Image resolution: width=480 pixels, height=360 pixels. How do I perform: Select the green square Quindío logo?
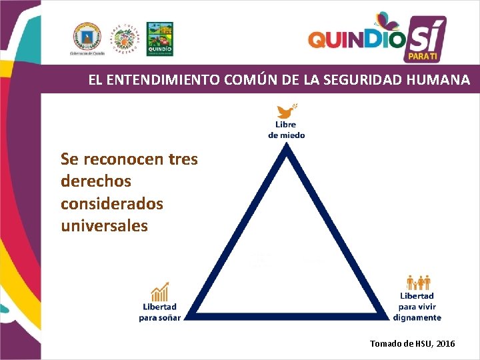point(159,37)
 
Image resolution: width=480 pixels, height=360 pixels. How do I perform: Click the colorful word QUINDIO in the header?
point(356,40)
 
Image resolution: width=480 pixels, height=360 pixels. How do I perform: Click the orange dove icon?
point(287,111)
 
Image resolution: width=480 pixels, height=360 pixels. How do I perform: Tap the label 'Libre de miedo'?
point(287,129)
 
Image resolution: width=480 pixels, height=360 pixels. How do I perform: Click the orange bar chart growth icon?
point(160,291)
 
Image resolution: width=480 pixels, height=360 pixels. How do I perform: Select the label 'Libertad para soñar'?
point(160,312)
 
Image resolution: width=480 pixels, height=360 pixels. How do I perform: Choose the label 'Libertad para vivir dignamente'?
point(417,307)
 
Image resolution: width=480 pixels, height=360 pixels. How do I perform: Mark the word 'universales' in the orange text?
point(104,226)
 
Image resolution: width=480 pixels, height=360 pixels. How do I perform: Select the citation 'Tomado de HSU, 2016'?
point(413,343)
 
